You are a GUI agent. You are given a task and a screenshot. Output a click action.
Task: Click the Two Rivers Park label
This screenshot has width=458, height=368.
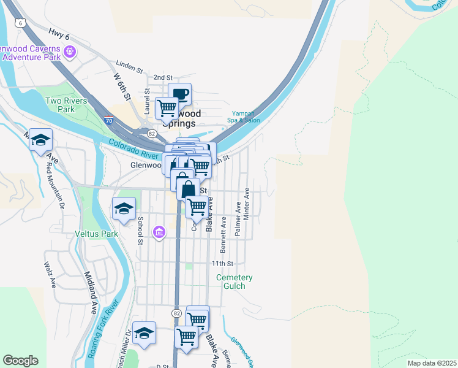point(66,105)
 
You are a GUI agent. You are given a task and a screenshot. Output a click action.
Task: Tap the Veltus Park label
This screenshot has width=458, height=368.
point(96,234)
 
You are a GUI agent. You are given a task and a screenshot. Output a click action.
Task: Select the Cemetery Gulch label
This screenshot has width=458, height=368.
point(235,282)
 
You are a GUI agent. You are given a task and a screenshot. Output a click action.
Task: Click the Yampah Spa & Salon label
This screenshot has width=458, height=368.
point(246,117)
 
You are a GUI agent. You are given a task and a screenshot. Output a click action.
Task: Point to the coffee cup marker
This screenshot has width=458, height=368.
point(180,94)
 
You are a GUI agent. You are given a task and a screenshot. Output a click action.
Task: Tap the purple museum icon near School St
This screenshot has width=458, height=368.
point(159,232)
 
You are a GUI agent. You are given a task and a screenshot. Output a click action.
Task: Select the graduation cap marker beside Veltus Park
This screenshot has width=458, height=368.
point(124,209)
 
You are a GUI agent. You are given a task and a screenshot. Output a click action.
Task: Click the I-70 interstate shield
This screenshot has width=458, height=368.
point(108,121)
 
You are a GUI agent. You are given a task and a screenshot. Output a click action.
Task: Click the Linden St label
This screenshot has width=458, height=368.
point(129,64)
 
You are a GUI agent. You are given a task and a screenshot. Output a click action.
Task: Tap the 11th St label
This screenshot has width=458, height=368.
point(223,263)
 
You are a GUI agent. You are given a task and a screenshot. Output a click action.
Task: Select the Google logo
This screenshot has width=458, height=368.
point(20,361)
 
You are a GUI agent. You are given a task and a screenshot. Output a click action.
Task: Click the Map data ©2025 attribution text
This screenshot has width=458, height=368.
point(431,363)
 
